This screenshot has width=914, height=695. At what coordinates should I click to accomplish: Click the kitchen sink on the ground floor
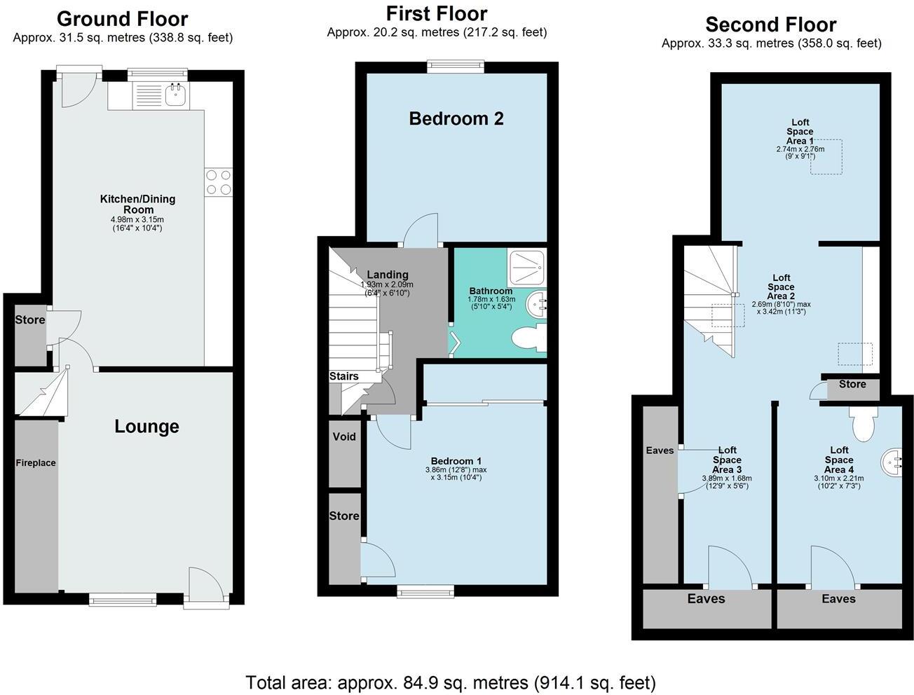[175, 95]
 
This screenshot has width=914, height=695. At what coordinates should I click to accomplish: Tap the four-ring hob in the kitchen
[218, 182]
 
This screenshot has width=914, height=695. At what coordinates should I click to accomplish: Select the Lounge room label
[146, 427]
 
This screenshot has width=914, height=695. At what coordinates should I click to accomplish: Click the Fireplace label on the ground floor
[36, 463]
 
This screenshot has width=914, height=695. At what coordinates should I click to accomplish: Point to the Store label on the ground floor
[30, 320]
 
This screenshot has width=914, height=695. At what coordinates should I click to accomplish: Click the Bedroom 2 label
[456, 118]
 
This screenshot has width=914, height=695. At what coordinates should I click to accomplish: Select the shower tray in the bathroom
[526, 267]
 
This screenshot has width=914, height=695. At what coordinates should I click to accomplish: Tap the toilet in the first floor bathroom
[529, 339]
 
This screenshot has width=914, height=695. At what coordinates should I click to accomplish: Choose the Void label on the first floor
[344, 437]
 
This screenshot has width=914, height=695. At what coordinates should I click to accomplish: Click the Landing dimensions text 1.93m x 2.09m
[387, 284]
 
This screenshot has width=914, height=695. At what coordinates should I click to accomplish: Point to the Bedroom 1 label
[456, 461]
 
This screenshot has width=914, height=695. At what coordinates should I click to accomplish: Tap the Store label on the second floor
[852, 385]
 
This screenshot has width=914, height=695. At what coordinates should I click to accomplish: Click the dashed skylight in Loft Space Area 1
[826, 158]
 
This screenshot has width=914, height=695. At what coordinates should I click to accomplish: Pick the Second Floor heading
[770, 25]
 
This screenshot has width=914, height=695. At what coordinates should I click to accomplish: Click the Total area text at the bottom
[450, 682]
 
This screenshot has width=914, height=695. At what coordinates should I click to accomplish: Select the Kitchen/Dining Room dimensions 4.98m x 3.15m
[137, 219]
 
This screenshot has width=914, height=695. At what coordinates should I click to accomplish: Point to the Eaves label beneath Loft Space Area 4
[838, 599]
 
